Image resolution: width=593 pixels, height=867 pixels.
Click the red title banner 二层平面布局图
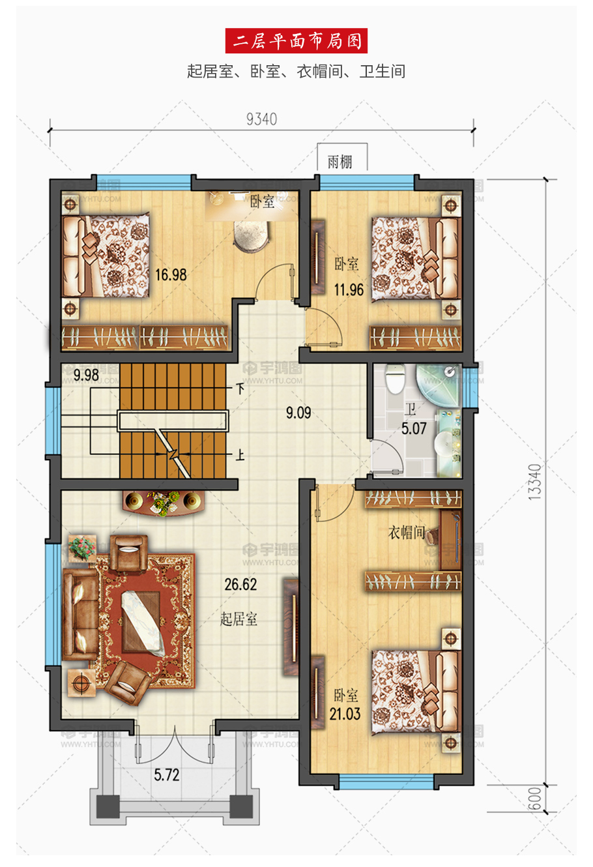296,40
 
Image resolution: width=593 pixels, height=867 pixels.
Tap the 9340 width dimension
262,119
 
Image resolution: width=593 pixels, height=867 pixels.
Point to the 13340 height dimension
534,482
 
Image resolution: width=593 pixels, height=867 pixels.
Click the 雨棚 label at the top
340,162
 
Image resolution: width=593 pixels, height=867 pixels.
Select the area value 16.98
171,275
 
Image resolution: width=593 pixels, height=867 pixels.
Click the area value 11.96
349,289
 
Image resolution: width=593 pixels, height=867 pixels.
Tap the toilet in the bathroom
395,379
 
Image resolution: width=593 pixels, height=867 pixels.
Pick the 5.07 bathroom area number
414,428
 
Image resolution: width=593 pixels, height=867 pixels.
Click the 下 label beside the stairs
240,389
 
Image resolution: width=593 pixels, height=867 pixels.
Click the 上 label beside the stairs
240,454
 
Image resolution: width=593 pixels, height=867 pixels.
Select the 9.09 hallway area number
298,413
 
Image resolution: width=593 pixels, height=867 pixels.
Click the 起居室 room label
239,619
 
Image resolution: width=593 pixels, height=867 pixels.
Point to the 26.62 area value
240,585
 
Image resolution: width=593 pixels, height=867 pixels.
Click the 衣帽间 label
406,533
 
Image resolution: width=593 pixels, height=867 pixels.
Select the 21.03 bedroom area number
345,714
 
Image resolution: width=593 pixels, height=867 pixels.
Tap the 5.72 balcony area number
167,775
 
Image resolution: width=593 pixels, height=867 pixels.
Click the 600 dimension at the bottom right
534,798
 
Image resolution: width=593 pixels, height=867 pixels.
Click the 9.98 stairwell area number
86,375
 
